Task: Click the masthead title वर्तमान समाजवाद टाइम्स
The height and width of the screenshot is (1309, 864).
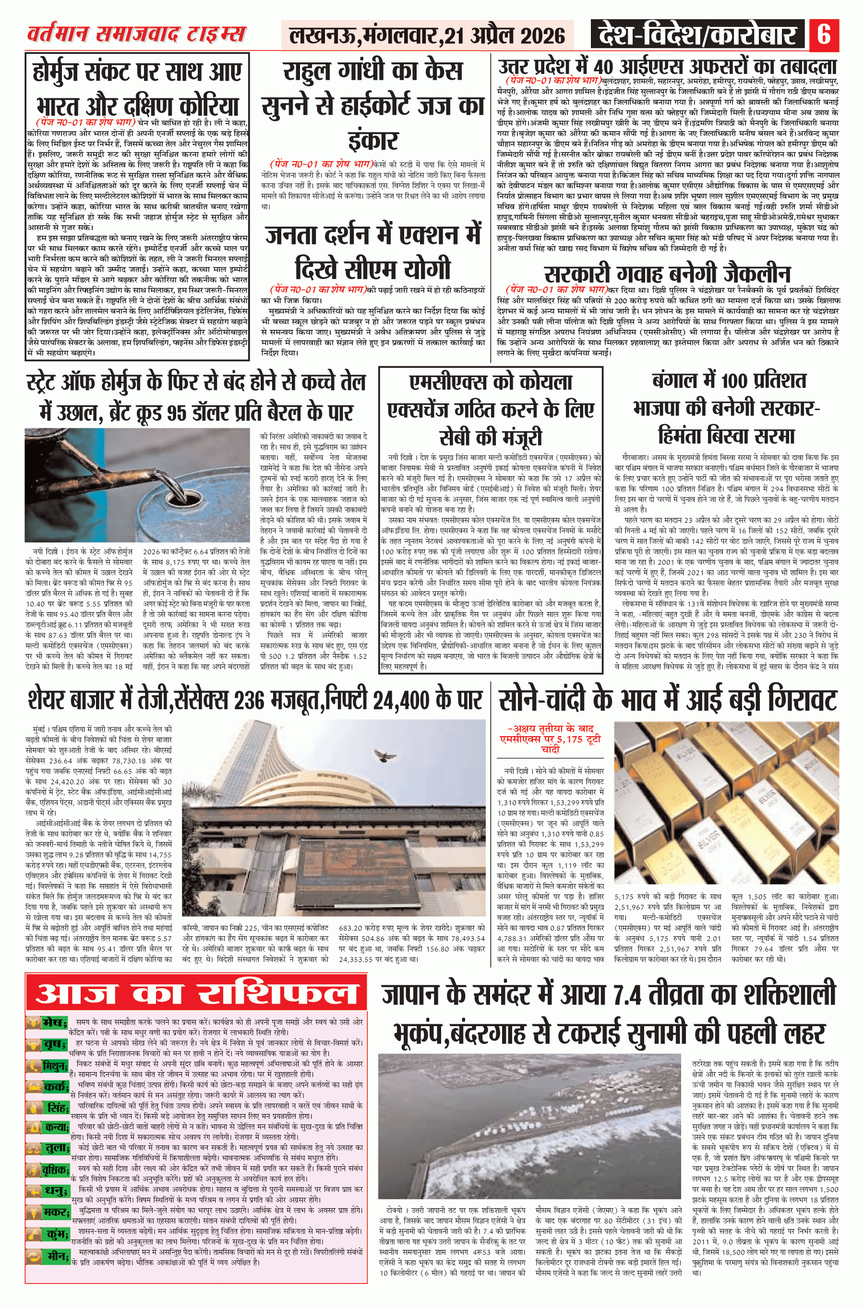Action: (x=136, y=34)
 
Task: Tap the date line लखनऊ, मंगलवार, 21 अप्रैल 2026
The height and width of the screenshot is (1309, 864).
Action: (x=427, y=36)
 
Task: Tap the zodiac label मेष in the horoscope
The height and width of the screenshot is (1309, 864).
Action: (x=53, y=1023)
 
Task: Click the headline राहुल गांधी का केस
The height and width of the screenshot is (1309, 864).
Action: (x=372, y=72)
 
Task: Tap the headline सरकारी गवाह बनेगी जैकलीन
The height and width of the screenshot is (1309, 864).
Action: (x=667, y=273)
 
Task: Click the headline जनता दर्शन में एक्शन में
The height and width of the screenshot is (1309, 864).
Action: (x=372, y=236)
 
